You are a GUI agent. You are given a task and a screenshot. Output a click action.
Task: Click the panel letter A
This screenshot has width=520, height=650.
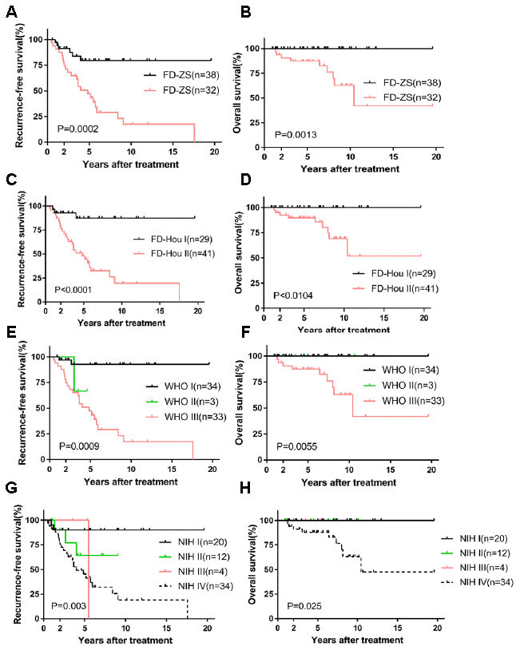pos(7,8)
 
